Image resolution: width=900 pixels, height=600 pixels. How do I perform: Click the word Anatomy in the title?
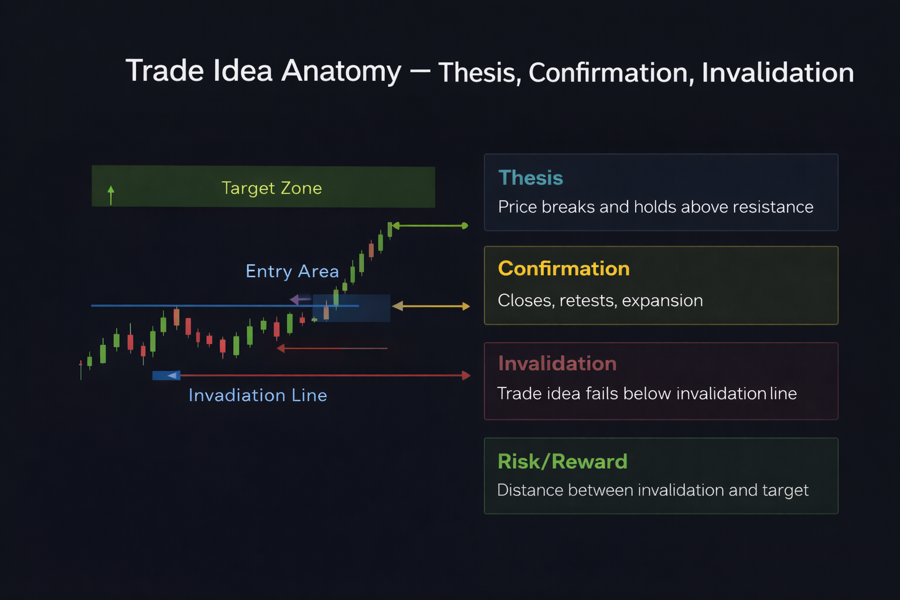point(341,71)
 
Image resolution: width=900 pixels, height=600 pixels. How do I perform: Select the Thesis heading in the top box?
point(530,178)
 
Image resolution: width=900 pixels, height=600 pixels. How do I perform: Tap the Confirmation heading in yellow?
point(564,268)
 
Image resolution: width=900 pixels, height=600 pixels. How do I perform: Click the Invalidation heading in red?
point(557,363)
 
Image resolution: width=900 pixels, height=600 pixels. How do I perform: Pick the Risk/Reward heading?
point(562,462)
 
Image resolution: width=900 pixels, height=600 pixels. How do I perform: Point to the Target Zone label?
point(271,188)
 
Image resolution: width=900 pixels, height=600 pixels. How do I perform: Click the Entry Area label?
point(292,271)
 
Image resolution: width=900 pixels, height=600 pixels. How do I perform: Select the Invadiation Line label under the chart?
point(257,396)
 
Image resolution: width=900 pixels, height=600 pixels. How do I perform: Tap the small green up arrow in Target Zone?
point(111,195)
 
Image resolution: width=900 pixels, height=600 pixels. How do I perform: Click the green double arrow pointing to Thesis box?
point(429,226)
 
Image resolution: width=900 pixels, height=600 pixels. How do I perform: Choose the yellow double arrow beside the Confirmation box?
point(431,306)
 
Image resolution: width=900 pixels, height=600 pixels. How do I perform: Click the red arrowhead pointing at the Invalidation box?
point(466,375)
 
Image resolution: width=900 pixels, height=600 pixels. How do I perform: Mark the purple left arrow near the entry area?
point(299,300)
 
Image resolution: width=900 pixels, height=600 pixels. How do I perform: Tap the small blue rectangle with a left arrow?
point(166,376)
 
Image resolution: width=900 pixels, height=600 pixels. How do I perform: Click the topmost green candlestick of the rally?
point(390,229)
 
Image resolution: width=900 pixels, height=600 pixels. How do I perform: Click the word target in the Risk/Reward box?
point(785,490)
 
